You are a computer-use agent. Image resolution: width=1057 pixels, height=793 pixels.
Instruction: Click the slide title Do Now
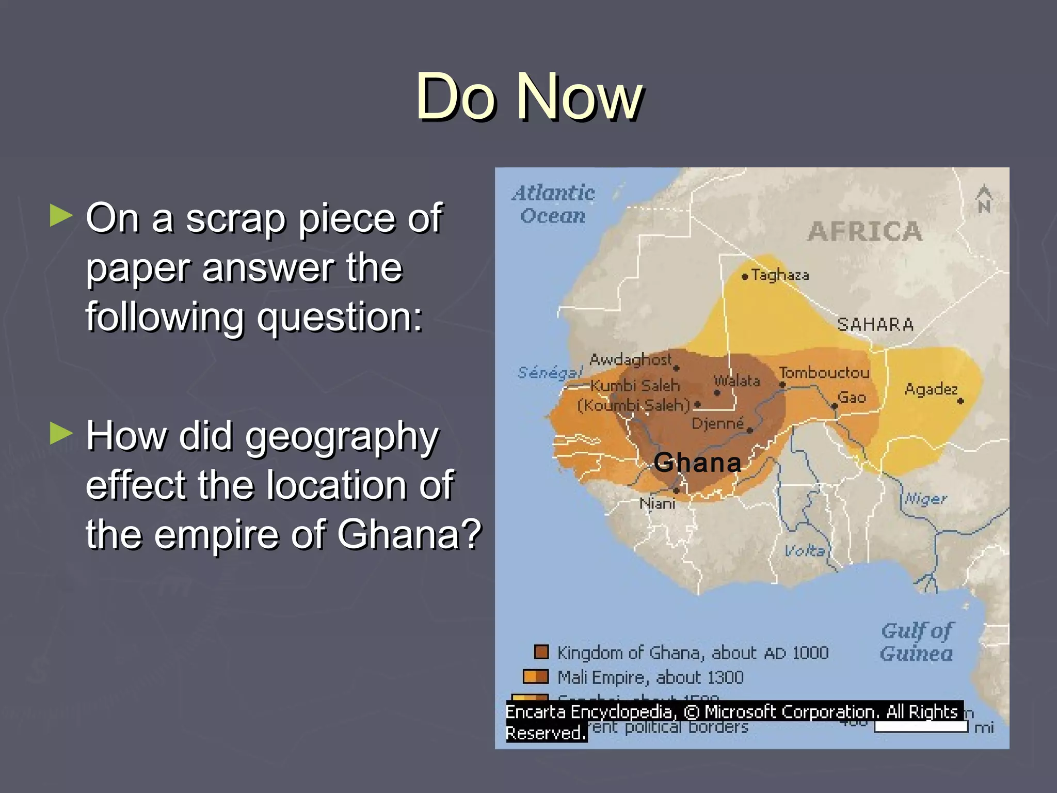click(529, 97)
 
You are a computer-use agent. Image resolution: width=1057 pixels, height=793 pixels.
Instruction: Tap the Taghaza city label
click(779, 275)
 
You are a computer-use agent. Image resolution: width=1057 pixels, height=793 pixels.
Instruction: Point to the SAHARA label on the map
click(875, 325)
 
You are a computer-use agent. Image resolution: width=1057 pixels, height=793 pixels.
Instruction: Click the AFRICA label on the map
click(865, 231)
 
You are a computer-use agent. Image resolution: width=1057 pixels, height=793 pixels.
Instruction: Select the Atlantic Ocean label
click(553, 204)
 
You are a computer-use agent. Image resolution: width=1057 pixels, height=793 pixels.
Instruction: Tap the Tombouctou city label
click(824, 373)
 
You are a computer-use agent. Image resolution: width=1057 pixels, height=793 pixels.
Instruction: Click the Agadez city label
click(931, 389)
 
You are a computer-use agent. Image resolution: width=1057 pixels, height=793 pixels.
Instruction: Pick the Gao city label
click(852, 397)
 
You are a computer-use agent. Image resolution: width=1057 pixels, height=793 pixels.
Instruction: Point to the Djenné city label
click(717, 423)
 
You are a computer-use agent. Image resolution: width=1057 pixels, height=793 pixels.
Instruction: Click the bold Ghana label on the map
click(697, 462)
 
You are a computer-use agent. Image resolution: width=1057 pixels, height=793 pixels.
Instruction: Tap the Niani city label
click(657, 503)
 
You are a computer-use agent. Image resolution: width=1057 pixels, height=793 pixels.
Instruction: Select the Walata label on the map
click(737, 381)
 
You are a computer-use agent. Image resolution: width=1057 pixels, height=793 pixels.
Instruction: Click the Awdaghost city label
click(630, 359)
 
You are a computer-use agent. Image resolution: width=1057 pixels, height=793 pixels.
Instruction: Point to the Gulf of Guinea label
click(917, 642)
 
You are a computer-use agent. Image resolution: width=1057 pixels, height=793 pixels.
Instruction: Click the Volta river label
click(805, 550)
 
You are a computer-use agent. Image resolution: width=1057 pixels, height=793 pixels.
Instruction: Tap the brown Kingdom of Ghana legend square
click(541, 652)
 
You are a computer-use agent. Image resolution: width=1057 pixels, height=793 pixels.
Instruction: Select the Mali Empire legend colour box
click(535, 676)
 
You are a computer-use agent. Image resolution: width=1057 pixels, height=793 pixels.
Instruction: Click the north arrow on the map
click(984, 199)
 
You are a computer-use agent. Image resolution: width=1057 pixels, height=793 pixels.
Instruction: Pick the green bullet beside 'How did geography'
click(61, 434)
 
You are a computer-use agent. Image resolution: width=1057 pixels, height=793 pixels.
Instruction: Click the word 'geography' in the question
click(342, 437)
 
